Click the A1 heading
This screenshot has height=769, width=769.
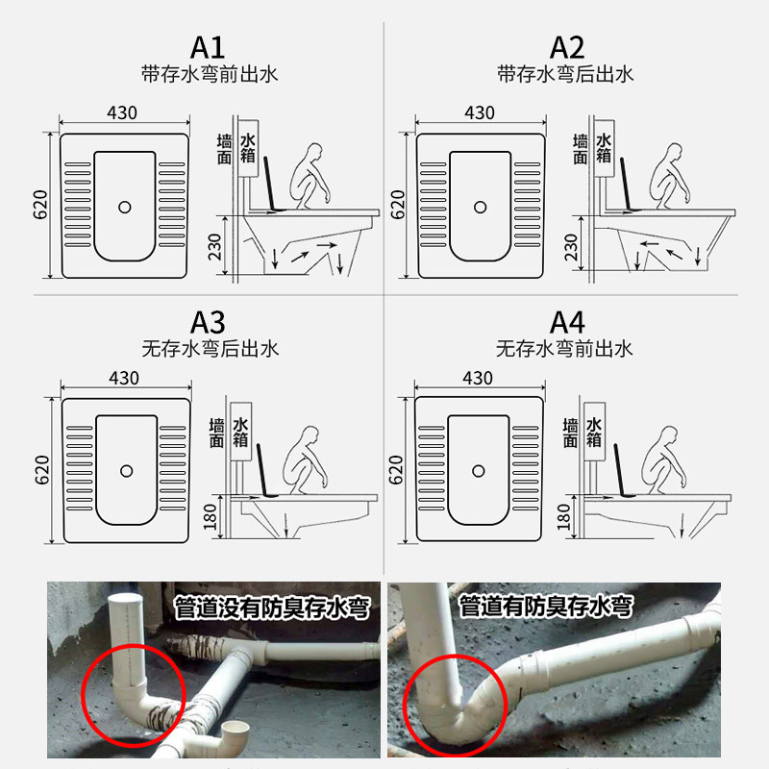209,47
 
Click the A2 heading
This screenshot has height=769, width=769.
566,47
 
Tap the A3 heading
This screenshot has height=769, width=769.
209,322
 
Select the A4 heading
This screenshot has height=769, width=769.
566,322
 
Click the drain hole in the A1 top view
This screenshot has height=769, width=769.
124,206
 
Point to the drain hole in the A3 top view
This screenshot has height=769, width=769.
126,470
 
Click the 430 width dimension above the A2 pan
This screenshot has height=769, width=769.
480,113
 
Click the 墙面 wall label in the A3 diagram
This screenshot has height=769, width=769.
219,433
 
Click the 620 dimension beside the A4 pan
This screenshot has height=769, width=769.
395,471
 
